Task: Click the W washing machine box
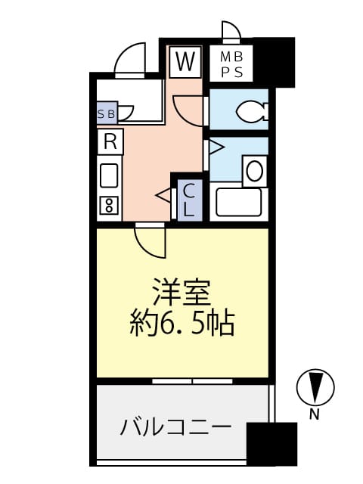tap(185, 61)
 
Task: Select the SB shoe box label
tap(107, 113)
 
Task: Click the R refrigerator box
tap(110, 141)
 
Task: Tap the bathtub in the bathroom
tap(238, 203)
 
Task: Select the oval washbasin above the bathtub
tap(254, 170)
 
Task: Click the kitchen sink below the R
tap(109, 175)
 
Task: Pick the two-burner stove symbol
tap(109, 205)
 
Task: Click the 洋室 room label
tap(181, 292)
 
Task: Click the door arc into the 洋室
tap(149, 241)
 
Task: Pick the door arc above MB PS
tap(230, 31)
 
